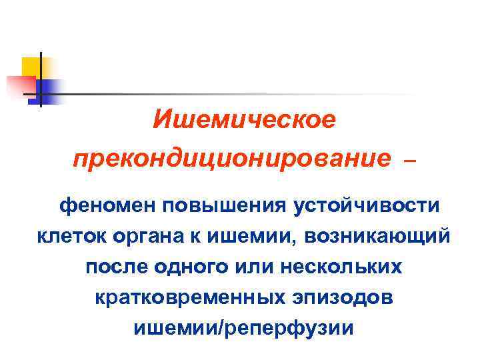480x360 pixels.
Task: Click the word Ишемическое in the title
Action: click(244, 121)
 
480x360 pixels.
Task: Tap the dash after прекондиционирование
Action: click(410, 161)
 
